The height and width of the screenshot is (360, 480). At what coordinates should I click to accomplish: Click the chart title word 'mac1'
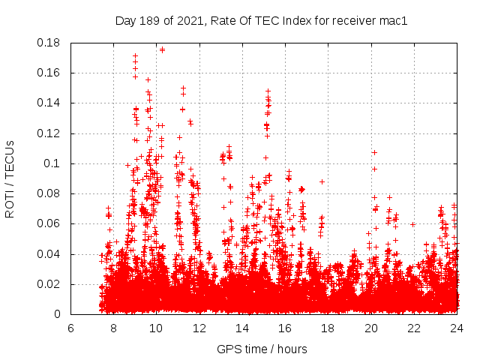[393, 21]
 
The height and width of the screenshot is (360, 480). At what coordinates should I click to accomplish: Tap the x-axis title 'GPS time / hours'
[262, 349]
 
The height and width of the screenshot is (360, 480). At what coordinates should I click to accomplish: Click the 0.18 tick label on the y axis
[50, 43]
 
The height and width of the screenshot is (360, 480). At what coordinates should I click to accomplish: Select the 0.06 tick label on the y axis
[50, 224]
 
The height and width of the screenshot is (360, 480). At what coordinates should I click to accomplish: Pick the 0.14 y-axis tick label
[50, 103]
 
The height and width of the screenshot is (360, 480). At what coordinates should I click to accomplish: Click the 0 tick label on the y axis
[60, 314]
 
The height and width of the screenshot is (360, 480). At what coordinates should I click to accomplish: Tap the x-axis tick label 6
[70, 328]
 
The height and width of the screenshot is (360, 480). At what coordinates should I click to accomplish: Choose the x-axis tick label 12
[199, 328]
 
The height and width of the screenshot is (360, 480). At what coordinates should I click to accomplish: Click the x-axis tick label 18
[328, 328]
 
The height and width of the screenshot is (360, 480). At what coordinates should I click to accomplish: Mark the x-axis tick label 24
[457, 328]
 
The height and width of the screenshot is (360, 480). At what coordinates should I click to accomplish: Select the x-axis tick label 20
[370, 328]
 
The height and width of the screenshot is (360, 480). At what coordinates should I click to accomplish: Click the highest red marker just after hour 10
[162, 49]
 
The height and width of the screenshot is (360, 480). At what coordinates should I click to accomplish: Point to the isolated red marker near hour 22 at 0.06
[413, 224]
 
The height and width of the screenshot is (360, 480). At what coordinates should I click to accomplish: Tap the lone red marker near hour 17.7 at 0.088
[322, 181]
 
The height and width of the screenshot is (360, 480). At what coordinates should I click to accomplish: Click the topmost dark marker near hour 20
[374, 152]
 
